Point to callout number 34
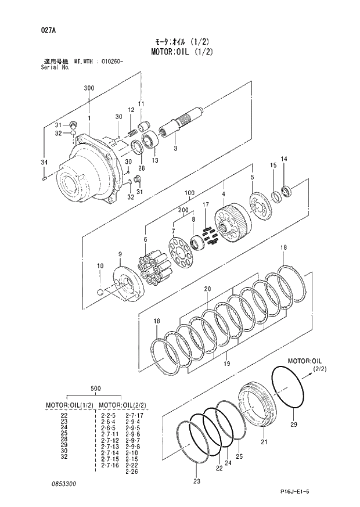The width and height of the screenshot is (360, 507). coord(44,161)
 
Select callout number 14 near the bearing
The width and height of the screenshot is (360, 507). coord(284,159)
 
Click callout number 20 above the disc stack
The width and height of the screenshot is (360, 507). coord(207,289)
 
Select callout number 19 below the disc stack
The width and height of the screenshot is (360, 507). coord(226,364)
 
